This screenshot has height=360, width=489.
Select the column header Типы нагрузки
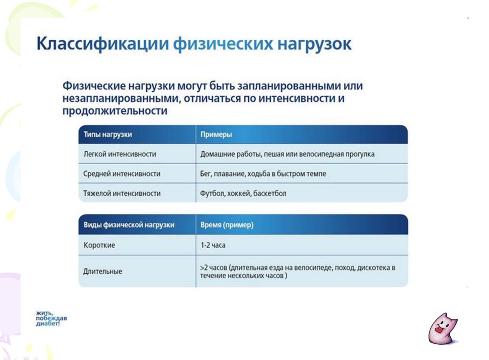click(x=108, y=135)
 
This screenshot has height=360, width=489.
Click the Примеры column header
click(x=216, y=135)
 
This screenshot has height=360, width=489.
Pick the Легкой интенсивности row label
click(x=120, y=154)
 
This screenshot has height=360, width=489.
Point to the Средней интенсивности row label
click(x=121, y=174)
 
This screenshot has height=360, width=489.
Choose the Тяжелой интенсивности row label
click(x=122, y=193)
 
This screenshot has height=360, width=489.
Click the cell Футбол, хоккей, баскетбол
click(x=243, y=193)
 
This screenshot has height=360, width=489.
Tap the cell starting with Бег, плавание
click(x=263, y=174)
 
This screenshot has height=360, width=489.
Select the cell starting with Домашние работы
click(x=287, y=154)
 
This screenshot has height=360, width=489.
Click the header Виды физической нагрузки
click(x=129, y=225)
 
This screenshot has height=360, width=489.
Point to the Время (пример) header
click(x=227, y=225)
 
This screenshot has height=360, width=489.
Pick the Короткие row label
click(x=99, y=245)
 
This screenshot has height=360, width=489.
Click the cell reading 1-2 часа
click(x=213, y=245)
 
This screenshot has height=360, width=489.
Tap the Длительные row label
click(x=103, y=272)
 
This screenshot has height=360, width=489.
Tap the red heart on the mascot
click(x=439, y=328)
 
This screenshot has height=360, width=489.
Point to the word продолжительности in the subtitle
click(x=115, y=111)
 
